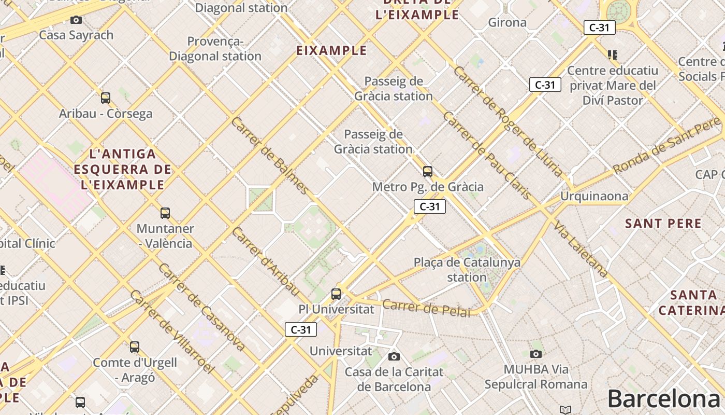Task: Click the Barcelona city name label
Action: (x=663, y=398)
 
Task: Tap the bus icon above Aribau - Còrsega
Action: (x=106, y=98)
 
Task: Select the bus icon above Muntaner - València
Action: (x=165, y=213)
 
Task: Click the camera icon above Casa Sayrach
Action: (x=76, y=20)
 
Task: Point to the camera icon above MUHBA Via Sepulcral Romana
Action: (x=536, y=354)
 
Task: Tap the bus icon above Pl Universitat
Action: (x=336, y=294)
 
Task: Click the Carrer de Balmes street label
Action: (x=270, y=155)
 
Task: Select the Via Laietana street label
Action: (x=581, y=249)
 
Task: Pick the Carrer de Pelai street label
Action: (x=426, y=308)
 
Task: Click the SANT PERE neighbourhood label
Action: (x=663, y=224)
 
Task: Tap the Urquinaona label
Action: (x=594, y=196)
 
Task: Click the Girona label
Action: (x=507, y=22)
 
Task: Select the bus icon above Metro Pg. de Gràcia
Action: (x=428, y=171)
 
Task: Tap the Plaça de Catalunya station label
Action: (x=467, y=269)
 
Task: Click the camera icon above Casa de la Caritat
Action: (x=394, y=356)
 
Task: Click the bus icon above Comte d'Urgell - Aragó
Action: (x=135, y=347)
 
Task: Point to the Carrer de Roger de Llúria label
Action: (x=508, y=120)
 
